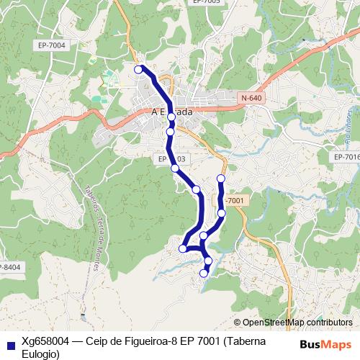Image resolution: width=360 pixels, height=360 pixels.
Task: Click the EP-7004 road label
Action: [x=51, y=45]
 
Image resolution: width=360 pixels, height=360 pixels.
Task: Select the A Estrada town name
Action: [x=172, y=112]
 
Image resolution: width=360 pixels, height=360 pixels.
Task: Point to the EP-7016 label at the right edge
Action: [x=346, y=156]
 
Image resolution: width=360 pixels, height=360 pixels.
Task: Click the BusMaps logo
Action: [x=325, y=344]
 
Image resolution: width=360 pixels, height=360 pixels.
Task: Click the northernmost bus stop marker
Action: [x=139, y=69]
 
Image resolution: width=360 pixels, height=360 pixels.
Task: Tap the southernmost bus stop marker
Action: [x=204, y=273]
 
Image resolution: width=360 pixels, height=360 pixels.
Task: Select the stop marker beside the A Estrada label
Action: [x=171, y=116]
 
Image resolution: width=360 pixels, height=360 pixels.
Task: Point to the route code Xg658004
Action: [x=43, y=341]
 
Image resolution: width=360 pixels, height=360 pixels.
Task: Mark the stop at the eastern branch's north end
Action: [x=221, y=178]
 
